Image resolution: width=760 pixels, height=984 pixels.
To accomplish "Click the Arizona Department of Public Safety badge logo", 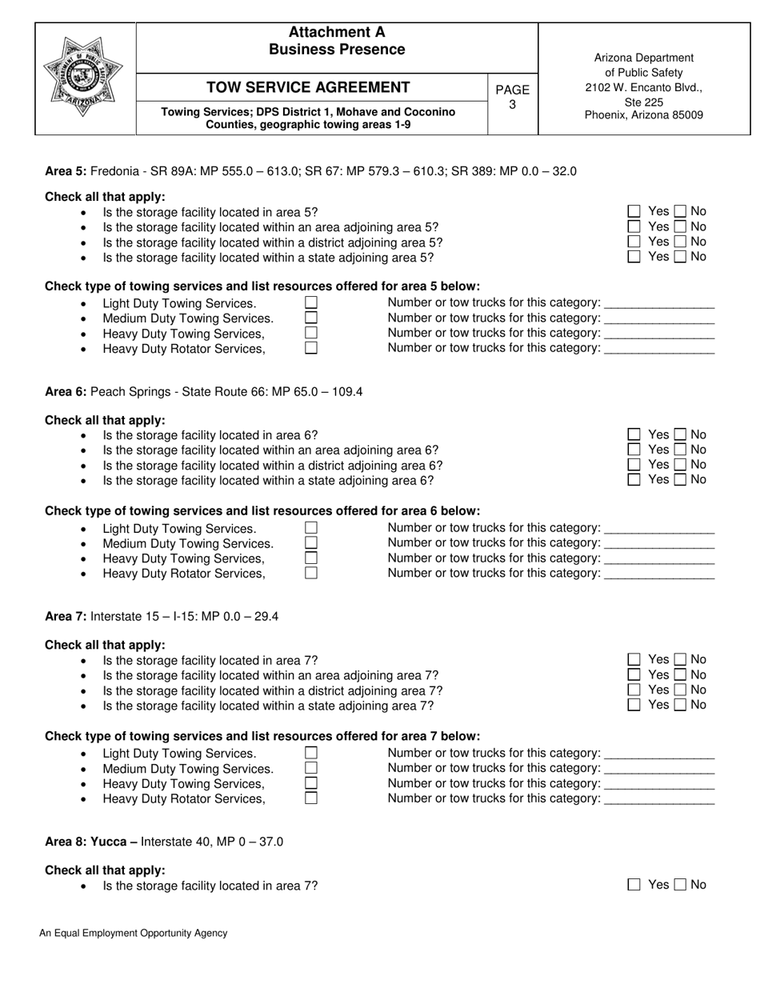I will tap(83, 78).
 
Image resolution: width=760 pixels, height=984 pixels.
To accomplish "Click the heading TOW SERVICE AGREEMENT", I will tap(308, 88).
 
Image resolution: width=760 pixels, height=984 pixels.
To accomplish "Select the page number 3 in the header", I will tap(513, 105).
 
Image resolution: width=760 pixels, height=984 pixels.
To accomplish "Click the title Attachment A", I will tap(337, 32).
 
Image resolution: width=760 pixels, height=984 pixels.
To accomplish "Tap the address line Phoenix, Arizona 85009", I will tap(644, 115).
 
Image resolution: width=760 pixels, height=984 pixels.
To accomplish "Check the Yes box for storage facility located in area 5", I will tap(634, 212).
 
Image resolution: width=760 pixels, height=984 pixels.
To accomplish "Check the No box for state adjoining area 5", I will tap(680, 257).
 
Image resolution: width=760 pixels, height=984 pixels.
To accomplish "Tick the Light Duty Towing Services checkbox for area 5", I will tap(311, 302).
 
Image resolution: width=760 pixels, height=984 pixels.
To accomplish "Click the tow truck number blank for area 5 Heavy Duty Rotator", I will tap(660, 349).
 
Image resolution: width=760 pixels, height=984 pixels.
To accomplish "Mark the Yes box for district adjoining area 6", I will tap(634, 465).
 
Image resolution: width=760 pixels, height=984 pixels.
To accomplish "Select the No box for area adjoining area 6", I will tap(680, 450).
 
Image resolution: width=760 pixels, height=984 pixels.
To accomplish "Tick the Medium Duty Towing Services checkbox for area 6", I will tap(311, 543).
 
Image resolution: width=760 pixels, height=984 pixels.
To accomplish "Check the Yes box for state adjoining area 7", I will tap(634, 705).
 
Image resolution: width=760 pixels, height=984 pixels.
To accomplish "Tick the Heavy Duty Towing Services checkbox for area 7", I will tap(311, 783).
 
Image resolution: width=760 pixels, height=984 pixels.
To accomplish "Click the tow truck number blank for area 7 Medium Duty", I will tap(660, 769).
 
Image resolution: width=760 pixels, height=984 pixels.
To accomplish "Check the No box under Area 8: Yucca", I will tap(680, 885).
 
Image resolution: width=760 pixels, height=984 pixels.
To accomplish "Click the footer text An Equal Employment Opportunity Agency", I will tap(134, 933).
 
